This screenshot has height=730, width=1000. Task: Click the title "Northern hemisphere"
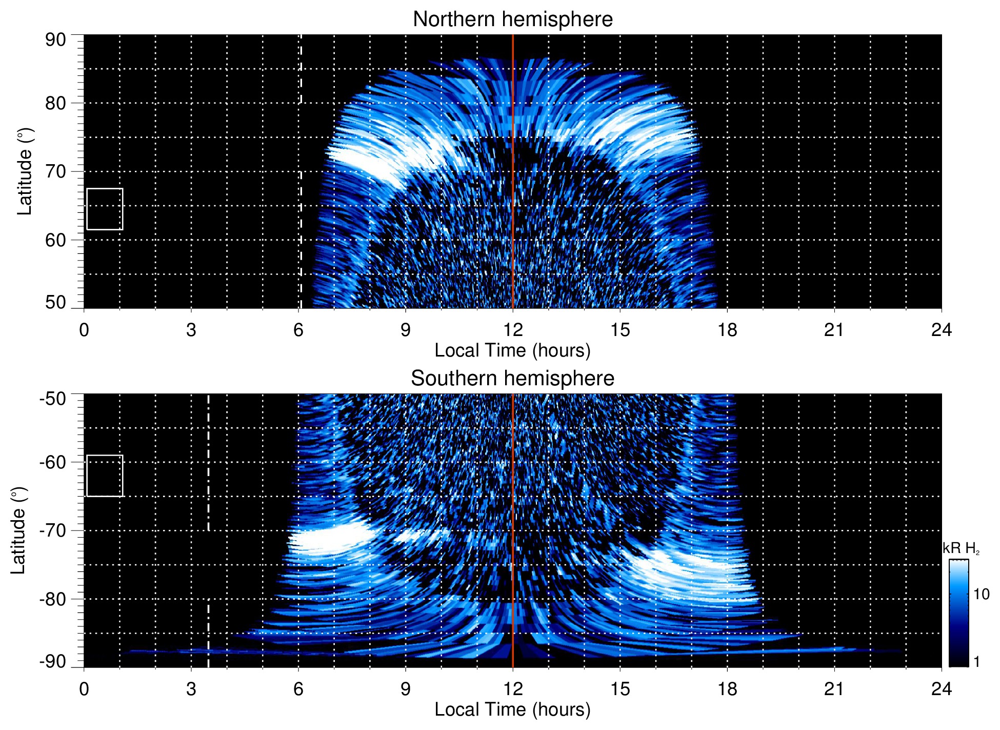pyautogui.click(x=512, y=19)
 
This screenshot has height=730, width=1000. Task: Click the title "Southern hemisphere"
pyautogui.click(x=512, y=379)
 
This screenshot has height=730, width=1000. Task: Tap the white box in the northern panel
pyautogui.click(x=105, y=209)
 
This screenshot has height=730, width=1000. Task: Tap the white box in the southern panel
pyautogui.click(x=105, y=476)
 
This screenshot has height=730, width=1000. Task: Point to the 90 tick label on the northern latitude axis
pyautogui.click(x=55, y=40)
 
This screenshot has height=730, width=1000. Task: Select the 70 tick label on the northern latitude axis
pyautogui.click(x=55, y=171)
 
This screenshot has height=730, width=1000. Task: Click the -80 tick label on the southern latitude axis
pyautogui.click(x=52, y=599)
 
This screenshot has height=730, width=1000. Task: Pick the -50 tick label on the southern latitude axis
pyautogui.click(x=52, y=399)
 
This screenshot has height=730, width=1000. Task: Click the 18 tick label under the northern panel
pyautogui.click(x=727, y=330)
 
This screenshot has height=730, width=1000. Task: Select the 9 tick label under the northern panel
pyautogui.click(x=406, y=330)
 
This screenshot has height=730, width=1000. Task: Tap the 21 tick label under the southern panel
pyautogui.click(x=834, y=689)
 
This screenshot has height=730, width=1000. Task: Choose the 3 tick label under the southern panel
pyautogui.click(x=191, y=689)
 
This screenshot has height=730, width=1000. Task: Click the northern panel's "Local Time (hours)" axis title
pyautogui.click(x=512, y=350)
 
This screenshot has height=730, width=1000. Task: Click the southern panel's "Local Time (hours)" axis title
pyautogui.click(x=512, y=709)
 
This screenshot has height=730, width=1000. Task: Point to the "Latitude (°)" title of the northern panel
pyautogui.click(x=25, y=171)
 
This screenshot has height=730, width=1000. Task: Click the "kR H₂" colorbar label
pyautogui.click(x=961, y=548)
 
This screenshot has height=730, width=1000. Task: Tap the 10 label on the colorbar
pyautogui.click(x=981, y=594)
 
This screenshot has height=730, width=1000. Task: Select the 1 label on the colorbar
pyautogui.click(x=976, y=662)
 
